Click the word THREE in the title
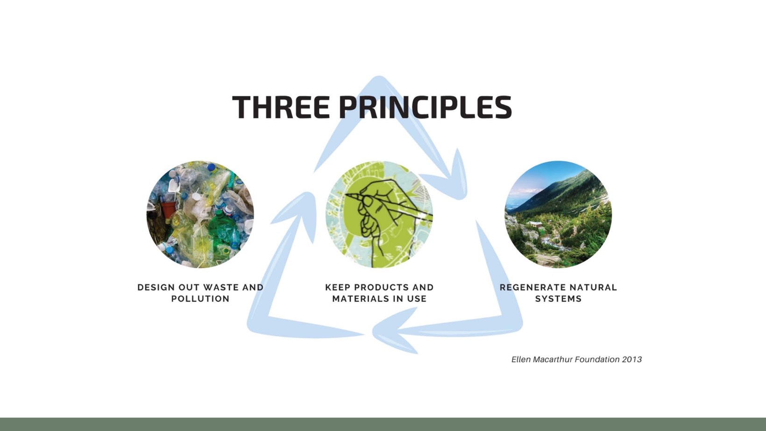[281, 107]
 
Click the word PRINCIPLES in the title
[427, 107]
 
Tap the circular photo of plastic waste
[200, 214]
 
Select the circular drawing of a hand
[379, 214]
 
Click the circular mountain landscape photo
[559, 214]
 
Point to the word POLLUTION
[200, 299]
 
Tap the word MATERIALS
[361, 299]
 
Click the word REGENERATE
[534, 287]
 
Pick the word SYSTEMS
[559, 299]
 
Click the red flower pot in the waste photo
[168, 209]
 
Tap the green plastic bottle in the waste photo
[220, 228]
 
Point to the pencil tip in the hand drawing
[347, 195]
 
